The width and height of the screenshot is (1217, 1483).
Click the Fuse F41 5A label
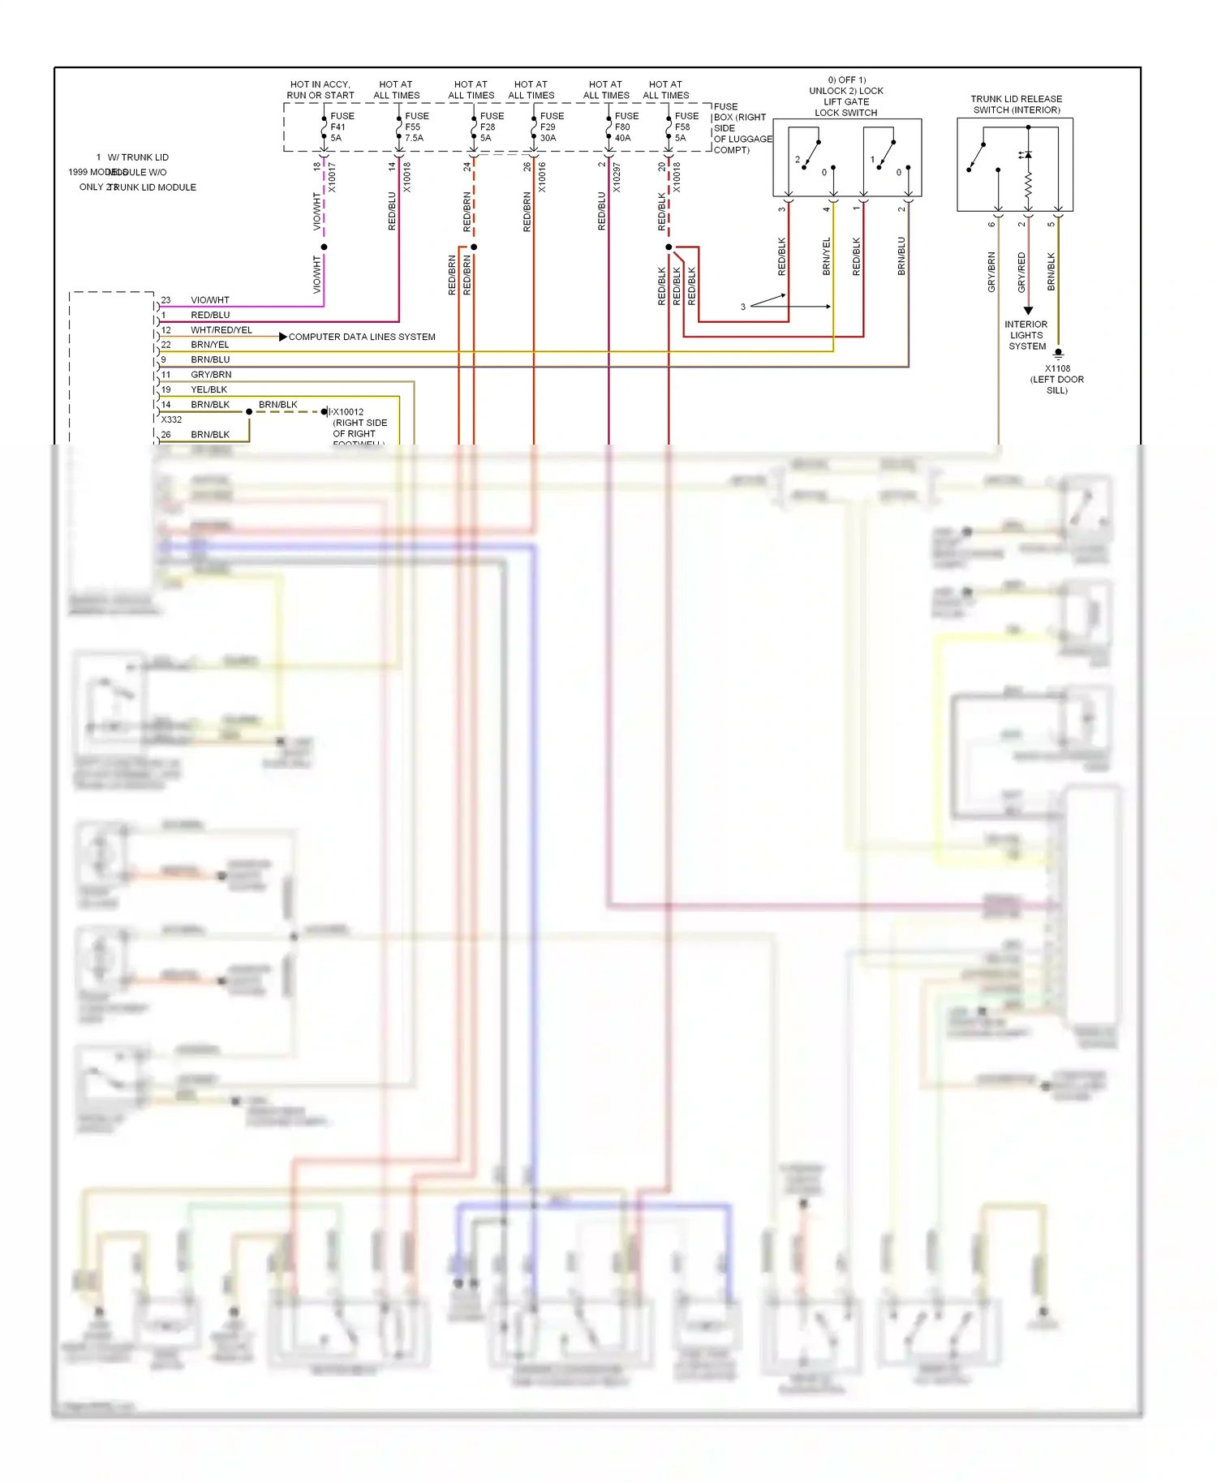tap(341, 127)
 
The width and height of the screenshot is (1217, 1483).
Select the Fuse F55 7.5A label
tap(416, 127)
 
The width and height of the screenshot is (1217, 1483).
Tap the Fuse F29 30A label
tap(551, 127)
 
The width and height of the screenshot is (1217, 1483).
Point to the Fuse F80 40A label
tap(626, 127)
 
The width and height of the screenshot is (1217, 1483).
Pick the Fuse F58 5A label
tap(686, 127)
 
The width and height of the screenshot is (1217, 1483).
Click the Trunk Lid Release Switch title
tap(1016, 105)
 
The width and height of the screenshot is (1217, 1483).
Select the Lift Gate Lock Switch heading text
tap(845, 102)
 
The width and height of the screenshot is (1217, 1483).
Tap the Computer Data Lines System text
tap(362, 337)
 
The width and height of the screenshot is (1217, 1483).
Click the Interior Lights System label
tap(1026, 335)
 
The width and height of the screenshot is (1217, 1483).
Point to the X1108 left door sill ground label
tap(1056, 379)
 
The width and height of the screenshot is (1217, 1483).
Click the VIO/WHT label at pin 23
tap(209, 300)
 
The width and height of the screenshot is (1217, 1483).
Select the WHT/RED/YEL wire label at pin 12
tap(221, 330)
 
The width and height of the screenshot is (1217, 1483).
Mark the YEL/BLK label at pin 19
tap(209, 390)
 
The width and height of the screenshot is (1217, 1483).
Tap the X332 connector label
tap(171, 420)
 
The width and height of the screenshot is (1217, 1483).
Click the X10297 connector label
tap(617, 177)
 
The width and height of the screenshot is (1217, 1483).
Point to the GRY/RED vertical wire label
tap(1021, 273)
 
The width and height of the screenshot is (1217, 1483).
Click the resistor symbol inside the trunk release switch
tap(1028, 185)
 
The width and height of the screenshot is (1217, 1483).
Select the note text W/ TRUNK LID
tap(138, 157)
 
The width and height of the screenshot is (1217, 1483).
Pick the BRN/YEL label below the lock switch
tap(827, 256)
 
